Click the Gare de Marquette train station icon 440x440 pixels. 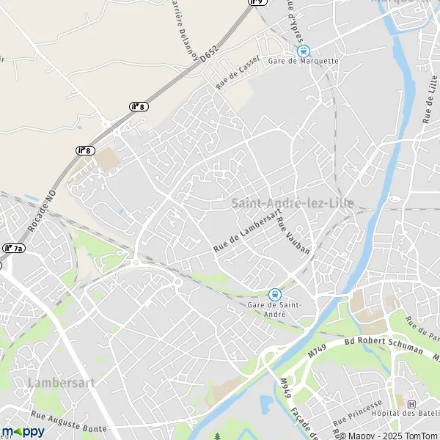coord(303,51)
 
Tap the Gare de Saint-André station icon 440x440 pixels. coord(274,294)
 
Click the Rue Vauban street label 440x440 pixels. coord(293,235)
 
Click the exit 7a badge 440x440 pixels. coord(12,249)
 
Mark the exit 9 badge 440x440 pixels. coord(256,2)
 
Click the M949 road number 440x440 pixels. coord(285,386)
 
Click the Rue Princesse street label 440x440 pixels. coord(358,414)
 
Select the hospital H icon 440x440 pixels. coord(411,404)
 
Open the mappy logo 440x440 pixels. coord(23,431)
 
